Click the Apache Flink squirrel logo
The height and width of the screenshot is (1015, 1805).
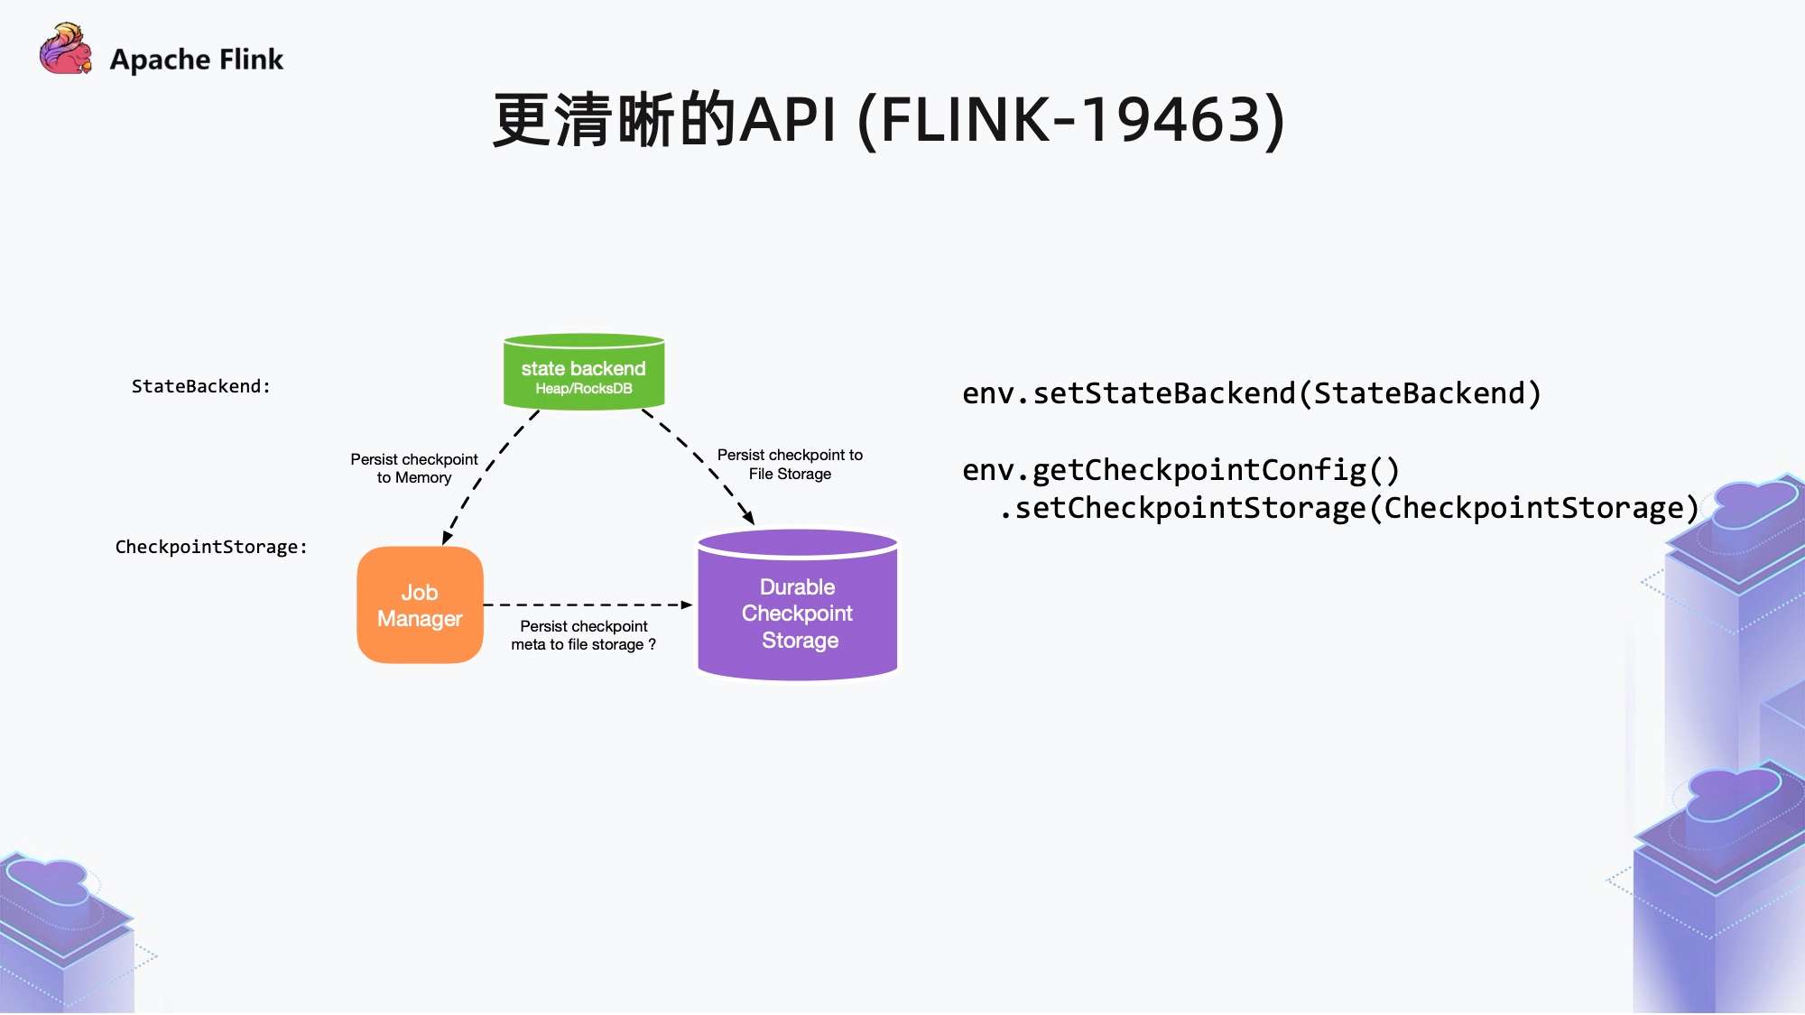pyautogui.click(x=66, y=49)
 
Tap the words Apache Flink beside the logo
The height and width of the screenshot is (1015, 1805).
pyautogui.click(x=197, y=60)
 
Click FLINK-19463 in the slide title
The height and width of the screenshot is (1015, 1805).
pyautogui.click(x=1082, y=119)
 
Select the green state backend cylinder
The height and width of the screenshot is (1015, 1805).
pyautogui.click(x=584, y=372)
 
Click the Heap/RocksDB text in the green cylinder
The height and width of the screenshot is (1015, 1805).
pyautogui.click(x=584, y=389)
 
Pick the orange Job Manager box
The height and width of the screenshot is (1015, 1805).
pyautogui.click(x=421, y=605)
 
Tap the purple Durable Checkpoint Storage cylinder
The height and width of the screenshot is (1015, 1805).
pyautogui.click(x=798, y=604)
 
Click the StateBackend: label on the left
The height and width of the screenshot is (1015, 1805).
pyautogui.click(x=201, y=386)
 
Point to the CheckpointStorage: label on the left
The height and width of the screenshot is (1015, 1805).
pyautogui.click(x=211, y=547)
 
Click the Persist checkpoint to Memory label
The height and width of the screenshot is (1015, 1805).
pyautogui.click(x=414, y=468)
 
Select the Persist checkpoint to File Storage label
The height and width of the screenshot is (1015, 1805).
pyautogui.click(x=790, y=465)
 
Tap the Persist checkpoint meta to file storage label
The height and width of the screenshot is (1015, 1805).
pyautogui.click(x=584, y=635)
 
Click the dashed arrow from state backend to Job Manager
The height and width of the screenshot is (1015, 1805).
pyautogui.click(x=490, y=477)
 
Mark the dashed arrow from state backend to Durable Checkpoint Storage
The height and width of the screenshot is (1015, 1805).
pyautogui.click(x=699, y=466)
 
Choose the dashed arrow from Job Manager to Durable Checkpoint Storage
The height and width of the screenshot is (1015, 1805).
pyautogui.click(x=588, y=604)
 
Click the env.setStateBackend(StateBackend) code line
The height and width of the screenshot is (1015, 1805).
pyautogui.click(x=1252, y=393)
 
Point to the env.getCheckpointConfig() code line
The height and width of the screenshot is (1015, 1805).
pyautogui.click(x=1180, y=470)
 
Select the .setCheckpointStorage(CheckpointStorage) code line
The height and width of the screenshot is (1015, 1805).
pyautogui.click(x=1349, y=508)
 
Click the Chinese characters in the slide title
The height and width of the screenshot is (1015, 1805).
pyautogui.click(x=616, y=119)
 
